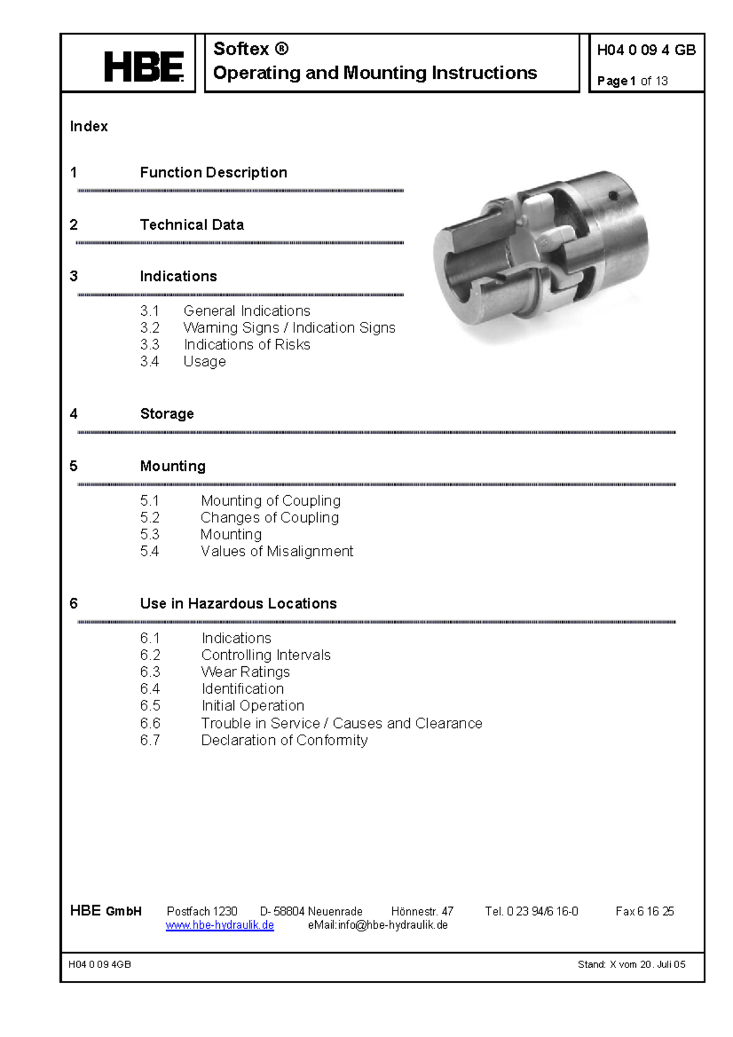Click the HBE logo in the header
143,67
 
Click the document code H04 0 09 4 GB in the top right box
646,50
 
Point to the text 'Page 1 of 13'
632,81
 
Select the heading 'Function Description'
213,172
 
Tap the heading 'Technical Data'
192,225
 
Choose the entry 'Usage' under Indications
205,362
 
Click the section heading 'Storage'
167,413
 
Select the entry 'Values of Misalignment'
277,551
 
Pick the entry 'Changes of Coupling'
269,517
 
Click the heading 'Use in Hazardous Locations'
238,603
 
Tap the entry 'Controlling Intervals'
266,655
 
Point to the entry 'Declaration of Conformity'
284,740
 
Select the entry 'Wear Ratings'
246,672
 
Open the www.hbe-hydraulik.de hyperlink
220,925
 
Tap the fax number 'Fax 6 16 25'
644,911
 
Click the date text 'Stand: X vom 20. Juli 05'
631,964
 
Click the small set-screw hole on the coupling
613,196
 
